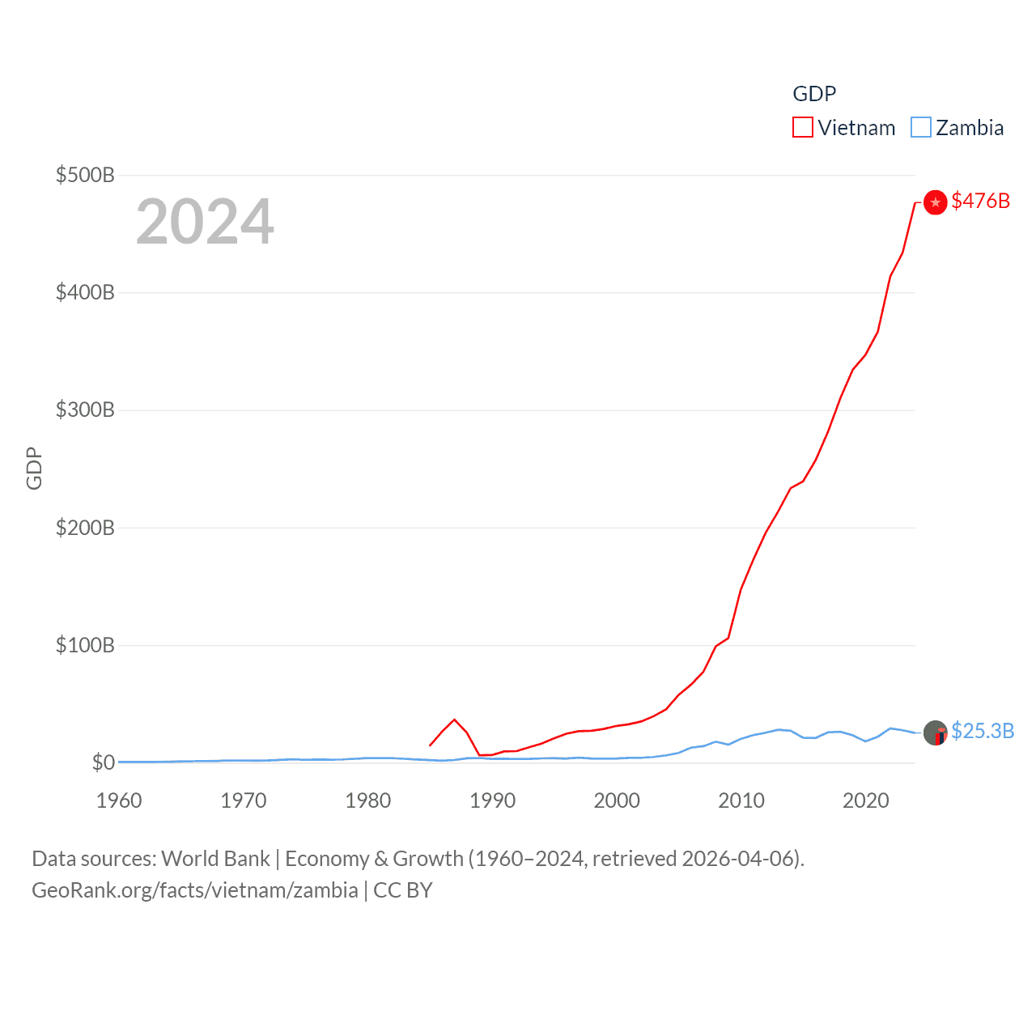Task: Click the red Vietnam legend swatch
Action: tap(802, 128)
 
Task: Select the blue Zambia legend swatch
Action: tap(921, 128)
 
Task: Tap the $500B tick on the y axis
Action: tap(85, 175)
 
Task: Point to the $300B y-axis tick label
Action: tap(85, 410)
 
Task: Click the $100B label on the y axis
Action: tap(85, 645)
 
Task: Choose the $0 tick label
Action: tap(104, 762)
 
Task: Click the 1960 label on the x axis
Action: tap(119, 800)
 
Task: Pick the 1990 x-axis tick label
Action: tap(492, 800)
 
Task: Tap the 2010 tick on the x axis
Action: tap(741, 800)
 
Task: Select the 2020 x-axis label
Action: tap(866, 800)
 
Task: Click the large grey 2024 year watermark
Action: tap(205, 222)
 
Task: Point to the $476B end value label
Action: tap(981, 201)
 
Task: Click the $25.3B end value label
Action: tap(983, 731)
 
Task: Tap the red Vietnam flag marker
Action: tap(936, 202)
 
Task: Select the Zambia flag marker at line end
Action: tap(936, 732)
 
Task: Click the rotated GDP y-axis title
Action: tap(34, 468)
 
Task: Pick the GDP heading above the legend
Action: tap(814, 94)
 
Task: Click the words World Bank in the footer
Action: tap(216, 859)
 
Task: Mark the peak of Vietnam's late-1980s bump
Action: tap(455, 720)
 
